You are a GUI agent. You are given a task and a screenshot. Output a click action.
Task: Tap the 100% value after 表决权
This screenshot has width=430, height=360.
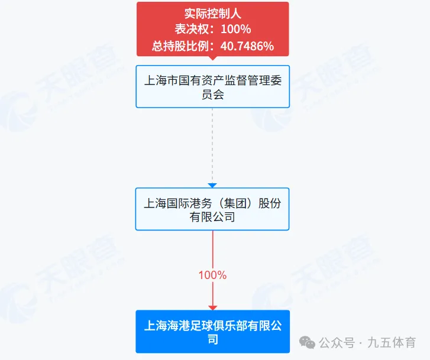click(x=237, y=29)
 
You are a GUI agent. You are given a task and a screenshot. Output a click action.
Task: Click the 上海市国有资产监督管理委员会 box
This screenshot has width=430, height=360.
click(x=212, y=86)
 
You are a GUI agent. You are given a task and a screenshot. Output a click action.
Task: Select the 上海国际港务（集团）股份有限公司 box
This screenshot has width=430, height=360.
click(x=212, y=209)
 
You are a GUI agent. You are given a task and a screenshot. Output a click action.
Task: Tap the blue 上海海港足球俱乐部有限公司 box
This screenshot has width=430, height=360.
click(x=212, y=332)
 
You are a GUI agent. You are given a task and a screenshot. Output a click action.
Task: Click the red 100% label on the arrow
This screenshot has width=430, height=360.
click(x=212, y=275)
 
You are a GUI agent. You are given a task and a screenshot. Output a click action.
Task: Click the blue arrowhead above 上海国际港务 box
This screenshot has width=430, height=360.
click(x=212, y=185)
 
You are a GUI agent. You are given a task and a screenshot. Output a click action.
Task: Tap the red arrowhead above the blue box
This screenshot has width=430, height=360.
click(x=212, y=307)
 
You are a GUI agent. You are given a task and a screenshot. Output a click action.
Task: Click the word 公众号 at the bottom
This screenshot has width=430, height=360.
click(x=337, y=343)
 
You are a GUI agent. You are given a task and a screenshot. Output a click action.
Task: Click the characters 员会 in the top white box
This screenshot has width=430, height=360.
click(x=212, y=95)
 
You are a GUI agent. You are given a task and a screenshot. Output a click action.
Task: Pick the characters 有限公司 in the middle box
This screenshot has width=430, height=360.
click(x=212, y=217)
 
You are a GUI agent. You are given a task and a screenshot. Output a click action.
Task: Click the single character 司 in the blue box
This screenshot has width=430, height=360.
click(x=212, y=340)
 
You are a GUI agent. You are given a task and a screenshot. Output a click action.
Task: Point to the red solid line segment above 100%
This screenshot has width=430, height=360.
click(x=212, y=248)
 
